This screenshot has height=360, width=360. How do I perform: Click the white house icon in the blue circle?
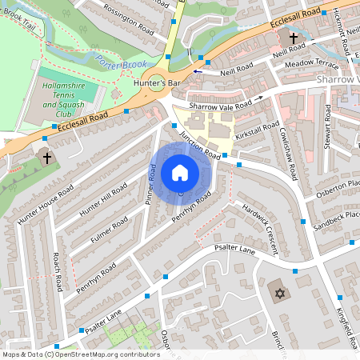(x=180, y=172)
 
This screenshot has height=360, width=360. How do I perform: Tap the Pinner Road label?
(x=150, y=184)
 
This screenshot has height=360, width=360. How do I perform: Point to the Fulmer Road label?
(x=109, y=230)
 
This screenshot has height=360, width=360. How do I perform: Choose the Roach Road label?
(x=57, y=272)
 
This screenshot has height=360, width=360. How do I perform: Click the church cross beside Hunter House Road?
(x=46, y=158)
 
